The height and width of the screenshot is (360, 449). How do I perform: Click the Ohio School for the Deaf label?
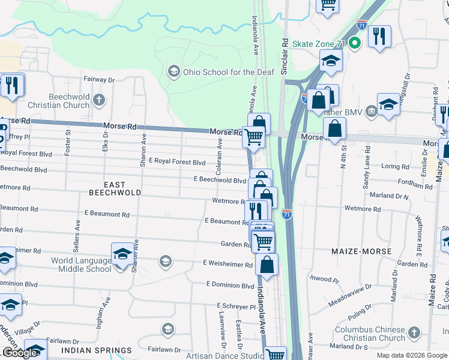pyautogui.click(x=228, y=72)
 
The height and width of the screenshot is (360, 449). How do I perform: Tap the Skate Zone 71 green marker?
pyautogui.click(x=355, y=43)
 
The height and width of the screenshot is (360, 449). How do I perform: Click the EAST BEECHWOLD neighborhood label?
pyautogui.click(x=115, y=188)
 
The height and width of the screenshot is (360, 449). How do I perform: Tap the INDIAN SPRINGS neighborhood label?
pyautogui.click(x=97, y=350)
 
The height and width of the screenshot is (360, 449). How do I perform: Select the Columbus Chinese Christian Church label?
pyautogui.click(x=370, y=334)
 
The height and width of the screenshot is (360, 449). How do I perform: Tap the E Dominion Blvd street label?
pyautogui.click(x=230, y=285)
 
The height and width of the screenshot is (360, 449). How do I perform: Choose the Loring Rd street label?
pyautogui.click(x=394, y=166)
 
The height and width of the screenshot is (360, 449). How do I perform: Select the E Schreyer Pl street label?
pyautogui.click(x=236, y=306)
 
